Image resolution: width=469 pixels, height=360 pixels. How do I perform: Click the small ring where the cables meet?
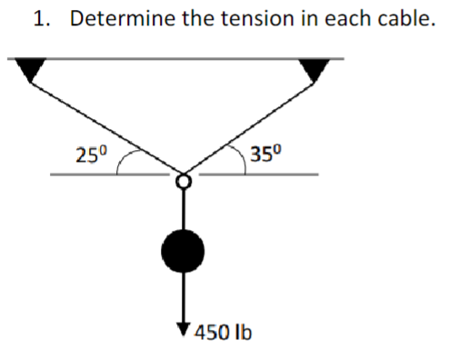pos(185,180)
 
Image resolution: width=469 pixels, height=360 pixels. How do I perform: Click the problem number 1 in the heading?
pos(40,19)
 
